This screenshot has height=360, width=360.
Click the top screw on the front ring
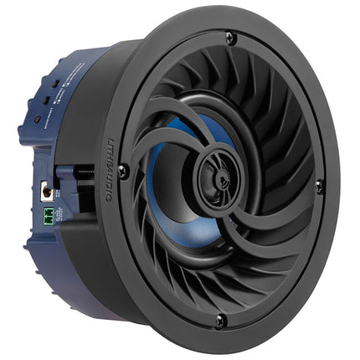(229, 39)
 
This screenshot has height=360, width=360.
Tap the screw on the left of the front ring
(123, 171)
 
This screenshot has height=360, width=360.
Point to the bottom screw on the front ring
(219, 321)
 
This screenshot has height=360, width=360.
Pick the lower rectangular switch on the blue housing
(49, 101)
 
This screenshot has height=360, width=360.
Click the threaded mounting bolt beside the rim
(83, 171)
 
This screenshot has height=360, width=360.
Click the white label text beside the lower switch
(60, 102)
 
